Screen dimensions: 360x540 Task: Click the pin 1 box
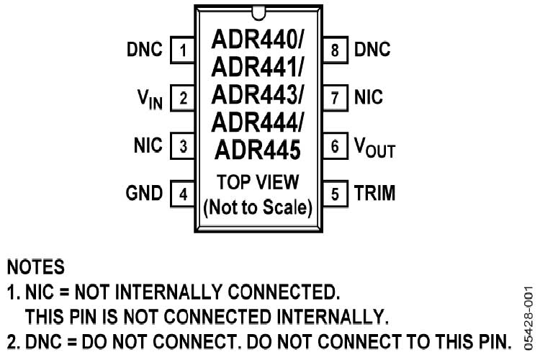tap(184, 50)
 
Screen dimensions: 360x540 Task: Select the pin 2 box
tap(184, 98)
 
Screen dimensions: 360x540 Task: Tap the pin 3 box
tap(184, 146)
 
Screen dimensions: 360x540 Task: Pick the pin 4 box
tap(184, 194)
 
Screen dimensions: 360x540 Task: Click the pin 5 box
tap(335, 194)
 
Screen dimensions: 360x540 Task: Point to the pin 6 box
tap(335, 146)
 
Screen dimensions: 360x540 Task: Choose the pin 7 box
tap(335, 98)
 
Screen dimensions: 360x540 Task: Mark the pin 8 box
tap(335, 50)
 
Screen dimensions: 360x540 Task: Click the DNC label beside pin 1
tap(144, 50)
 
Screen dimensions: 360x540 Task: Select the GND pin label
tap(144, 194)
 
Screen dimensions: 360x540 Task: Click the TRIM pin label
tap(374, 194)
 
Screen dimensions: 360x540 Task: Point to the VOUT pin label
tap(374, 148)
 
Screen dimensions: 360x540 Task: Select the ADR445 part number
tap(257, 150)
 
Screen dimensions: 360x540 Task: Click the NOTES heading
tap(35, 268)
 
